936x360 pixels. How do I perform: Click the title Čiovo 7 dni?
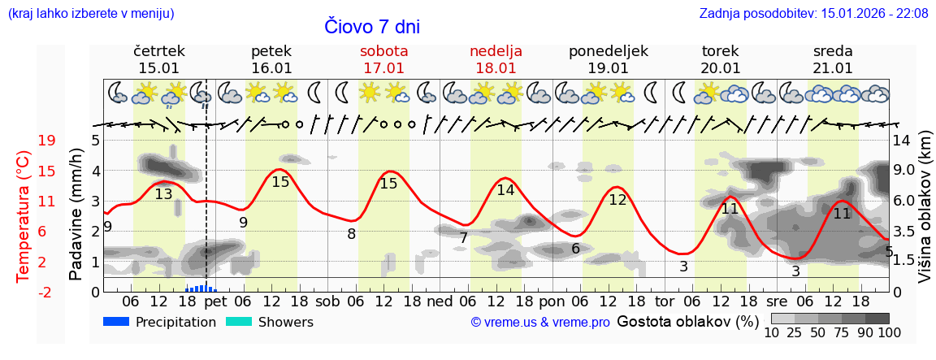point(372,27)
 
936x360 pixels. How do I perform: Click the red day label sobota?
point(384,51)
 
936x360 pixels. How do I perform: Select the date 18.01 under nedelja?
point(496,68)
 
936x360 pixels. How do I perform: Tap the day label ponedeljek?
point(608,51)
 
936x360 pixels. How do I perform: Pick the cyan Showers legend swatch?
point(239,322)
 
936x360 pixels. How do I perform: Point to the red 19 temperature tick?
point(46,141)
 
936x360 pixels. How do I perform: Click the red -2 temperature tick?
point(45,292)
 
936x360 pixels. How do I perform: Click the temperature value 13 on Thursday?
point(163,194)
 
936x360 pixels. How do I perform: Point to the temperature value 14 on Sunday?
point(505,190)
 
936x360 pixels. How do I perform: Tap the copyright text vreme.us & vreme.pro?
point(540,323)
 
